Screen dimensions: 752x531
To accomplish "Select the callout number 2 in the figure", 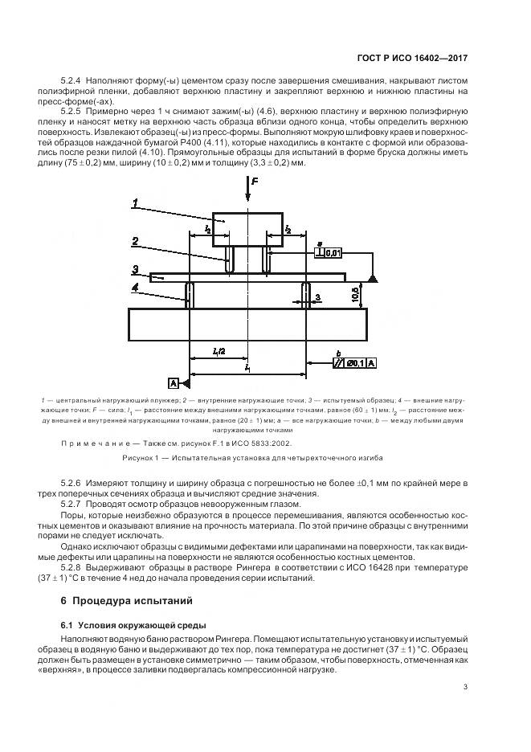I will pyautogui.click(x=137, y=240).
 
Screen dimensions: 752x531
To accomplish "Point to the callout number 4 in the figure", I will pyautogui.click(x=137, y=286).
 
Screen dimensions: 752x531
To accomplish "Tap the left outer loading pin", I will pyautogui.click(x=190, y=295).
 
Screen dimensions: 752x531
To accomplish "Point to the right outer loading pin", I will pyautogui.click(x=305, y=295).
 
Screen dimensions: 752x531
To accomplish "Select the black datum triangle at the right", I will pyautogui.click(x=373, y=277).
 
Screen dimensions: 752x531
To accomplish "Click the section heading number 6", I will pyautogui.click(x=63, y=601).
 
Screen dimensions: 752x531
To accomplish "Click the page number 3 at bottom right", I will pyautogui.click(x=466, y=685).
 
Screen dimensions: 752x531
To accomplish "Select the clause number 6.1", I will pyautogui.click(x=67, y=624).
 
